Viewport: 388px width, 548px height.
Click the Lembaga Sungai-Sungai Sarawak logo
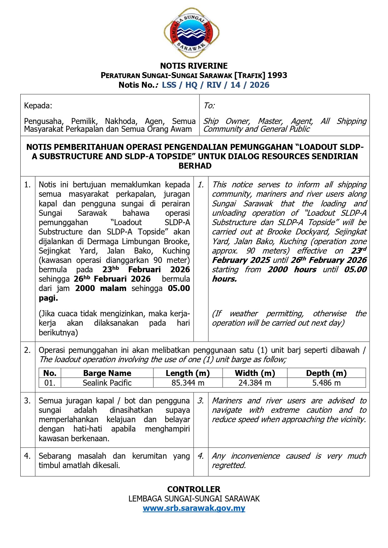click(x=191, y=33)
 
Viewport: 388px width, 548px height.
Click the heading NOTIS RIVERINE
click(x=194, y=66)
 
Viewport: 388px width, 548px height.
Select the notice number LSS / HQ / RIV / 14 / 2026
click(x=215, y=85)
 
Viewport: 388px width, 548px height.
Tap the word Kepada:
click(x=38, y=106)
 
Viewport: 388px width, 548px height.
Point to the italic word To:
click(x=209, y=106)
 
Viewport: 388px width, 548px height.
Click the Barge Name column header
click(x=107, y=373)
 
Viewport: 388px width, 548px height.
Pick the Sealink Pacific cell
click(x=107, y=383)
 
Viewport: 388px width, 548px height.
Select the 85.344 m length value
click(x=188, y=383)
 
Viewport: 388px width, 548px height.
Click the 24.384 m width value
click(x=255, y=383)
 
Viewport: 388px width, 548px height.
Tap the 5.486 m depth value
click(x=326, y=383)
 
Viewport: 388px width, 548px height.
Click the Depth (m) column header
click(x=326, y=373)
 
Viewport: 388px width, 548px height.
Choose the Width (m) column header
click(x=255, y=373)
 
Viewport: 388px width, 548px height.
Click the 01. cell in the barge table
click(x=50, y=383)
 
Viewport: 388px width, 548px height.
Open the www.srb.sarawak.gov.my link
click(x=194, y=508)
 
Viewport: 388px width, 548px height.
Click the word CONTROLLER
click(x=194, y=489)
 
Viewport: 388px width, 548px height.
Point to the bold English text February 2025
click(x=241, y=260)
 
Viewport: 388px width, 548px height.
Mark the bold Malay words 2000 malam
click(x=101, y=288)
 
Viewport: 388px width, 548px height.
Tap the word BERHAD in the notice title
click(x=195, y=166)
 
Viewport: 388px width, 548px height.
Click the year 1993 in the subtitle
click(x=277, y=75)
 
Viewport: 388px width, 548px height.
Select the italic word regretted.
click(x=229, y=465)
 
